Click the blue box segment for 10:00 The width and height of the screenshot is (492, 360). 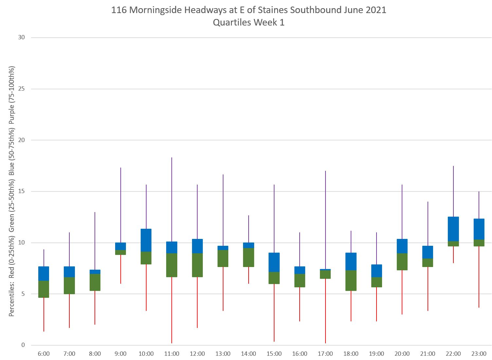point(146,240)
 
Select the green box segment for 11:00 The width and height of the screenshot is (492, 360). point(172,265)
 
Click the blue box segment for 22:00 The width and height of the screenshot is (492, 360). point(453,229)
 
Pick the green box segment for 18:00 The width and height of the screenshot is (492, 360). point(351,280)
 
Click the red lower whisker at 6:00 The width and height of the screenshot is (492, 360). point(44,314)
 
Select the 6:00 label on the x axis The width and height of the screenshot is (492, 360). point(44,354)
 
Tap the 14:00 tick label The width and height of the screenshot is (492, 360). point(249,354)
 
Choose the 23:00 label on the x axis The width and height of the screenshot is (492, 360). point(479,354)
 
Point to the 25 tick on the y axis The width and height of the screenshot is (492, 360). point(22,89)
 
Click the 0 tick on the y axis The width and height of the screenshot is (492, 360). point(23,345)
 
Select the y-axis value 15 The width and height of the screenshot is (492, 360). point(22,191)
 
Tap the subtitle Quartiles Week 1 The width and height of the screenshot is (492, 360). point(249,23)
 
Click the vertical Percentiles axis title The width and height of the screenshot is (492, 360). point(12,191)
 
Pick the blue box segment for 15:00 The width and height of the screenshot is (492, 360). point(274,262)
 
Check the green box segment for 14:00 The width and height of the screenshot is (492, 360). point(249,257)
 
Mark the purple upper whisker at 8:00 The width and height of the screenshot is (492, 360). point(95,241)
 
